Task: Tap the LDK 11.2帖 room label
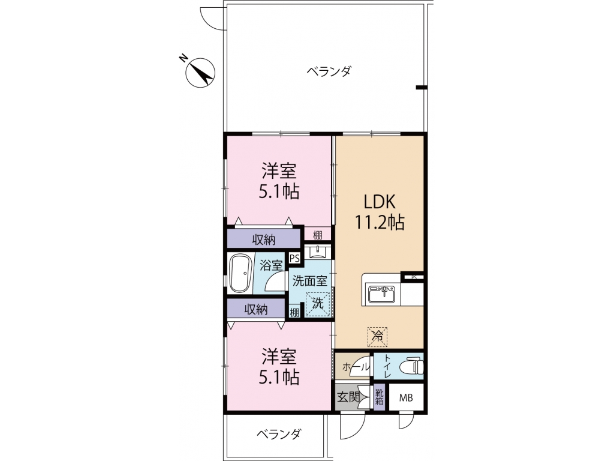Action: (380, 211)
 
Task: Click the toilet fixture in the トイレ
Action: (412, 365)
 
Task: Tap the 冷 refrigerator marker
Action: (377, 336)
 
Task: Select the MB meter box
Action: (407, 397)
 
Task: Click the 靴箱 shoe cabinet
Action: (379, 397)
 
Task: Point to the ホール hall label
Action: (352, 366)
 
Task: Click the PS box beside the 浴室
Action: (294, 258)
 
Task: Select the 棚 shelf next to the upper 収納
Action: (317, 235)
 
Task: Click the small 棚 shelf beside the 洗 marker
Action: (294, 312)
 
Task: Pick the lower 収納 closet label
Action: (255, 309)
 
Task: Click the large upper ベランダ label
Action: (329, 72)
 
